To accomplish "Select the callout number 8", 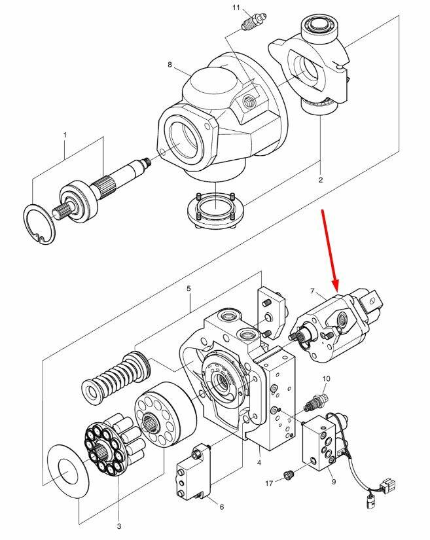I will coord(170,65).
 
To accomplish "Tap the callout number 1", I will coord(65,135).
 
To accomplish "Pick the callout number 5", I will coord(189,288).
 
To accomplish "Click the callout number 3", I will coord(118,526).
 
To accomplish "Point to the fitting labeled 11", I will coord(249,24).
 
